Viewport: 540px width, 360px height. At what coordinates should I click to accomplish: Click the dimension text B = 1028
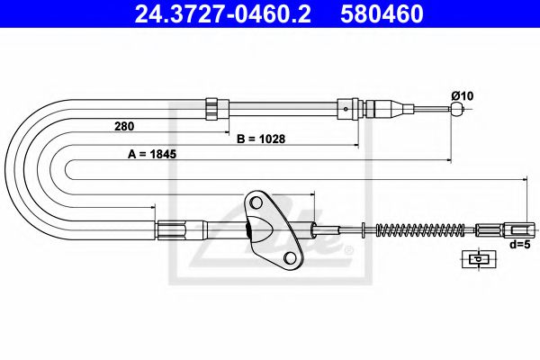pyautogui.click(x=265, y=139)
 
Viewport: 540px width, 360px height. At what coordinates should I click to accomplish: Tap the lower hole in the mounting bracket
pyautogui.click(x=290, y=258)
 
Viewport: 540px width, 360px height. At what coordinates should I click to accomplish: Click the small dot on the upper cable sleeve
pyautogui.click(x=346, y=110)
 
